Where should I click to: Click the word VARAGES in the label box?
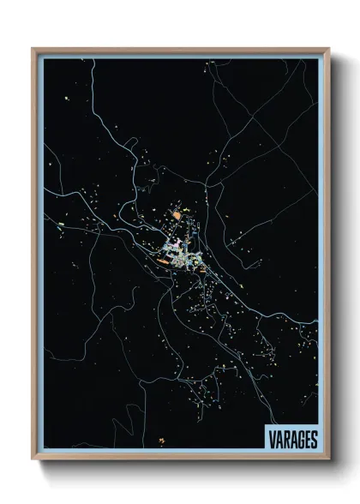[291, 439]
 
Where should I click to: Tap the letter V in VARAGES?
[270, 439]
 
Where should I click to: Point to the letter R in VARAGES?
[285, 439]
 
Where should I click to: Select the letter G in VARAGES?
[299, 439]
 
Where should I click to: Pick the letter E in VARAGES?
[306, 439]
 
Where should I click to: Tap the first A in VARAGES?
[278, 439]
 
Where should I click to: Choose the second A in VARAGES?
[292, 439]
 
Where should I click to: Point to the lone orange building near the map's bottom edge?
[160, 441]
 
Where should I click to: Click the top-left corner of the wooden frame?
[33, 49]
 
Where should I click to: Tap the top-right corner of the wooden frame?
[328, 49]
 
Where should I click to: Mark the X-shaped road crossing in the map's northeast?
[249, 129]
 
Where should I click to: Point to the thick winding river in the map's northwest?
[111, 129]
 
